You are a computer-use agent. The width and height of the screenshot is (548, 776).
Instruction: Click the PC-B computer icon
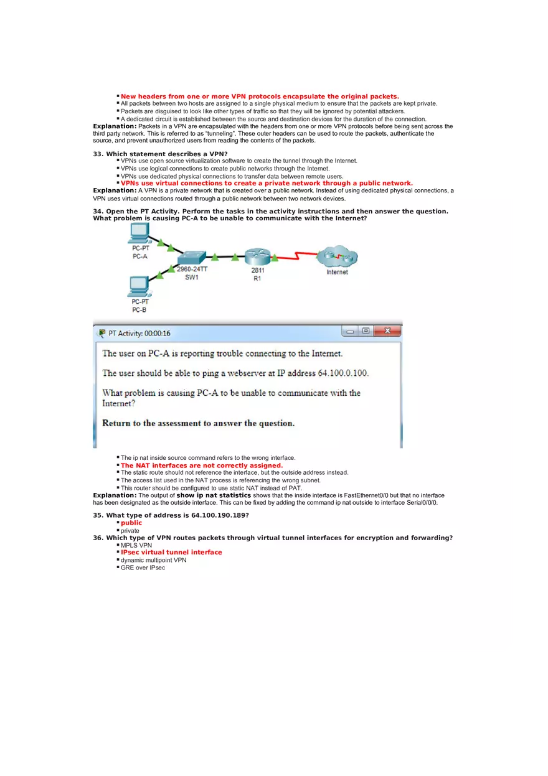pyautogui.click(x=138, y=286)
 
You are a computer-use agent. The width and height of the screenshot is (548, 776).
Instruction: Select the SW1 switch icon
pyautogui.click(x=191, y=259)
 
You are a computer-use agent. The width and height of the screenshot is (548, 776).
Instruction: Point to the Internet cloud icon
pyautogui.click(x=337, y=257)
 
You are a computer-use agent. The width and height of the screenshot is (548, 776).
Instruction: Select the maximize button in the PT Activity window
pyautogui.click(x=366, y=331)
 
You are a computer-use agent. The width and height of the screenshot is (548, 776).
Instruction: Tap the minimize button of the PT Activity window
pyautogui.click(x=351, y=331)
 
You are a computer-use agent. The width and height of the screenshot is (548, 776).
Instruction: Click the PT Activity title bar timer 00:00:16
pyautogui.click(x=158, y=334)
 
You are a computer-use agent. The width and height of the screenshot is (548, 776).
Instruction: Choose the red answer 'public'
pyautogui.click(x=131, y=523)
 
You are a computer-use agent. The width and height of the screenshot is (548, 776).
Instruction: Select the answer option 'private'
pyautogui.click(x=130, y=531)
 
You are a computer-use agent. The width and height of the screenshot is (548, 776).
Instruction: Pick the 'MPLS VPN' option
pyautogui.click(x=136, y=545)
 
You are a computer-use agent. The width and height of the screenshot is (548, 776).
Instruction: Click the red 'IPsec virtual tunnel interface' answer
pyautogui.click(x=171, y=553)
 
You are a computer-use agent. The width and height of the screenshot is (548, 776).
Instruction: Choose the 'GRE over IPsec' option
pyautogui.click(x=143, y=568)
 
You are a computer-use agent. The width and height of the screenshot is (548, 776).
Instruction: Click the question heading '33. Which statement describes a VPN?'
pyautogui.click(x=160, y=154)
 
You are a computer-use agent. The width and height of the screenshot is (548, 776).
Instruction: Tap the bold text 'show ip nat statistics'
pyautogui.click(x=214, y=495)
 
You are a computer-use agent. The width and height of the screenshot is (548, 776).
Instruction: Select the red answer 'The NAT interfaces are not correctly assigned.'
pyautogui.click(x=202, y=465)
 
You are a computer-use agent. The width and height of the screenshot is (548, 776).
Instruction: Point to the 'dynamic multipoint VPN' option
pyautogui.click(x=153, y=560)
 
